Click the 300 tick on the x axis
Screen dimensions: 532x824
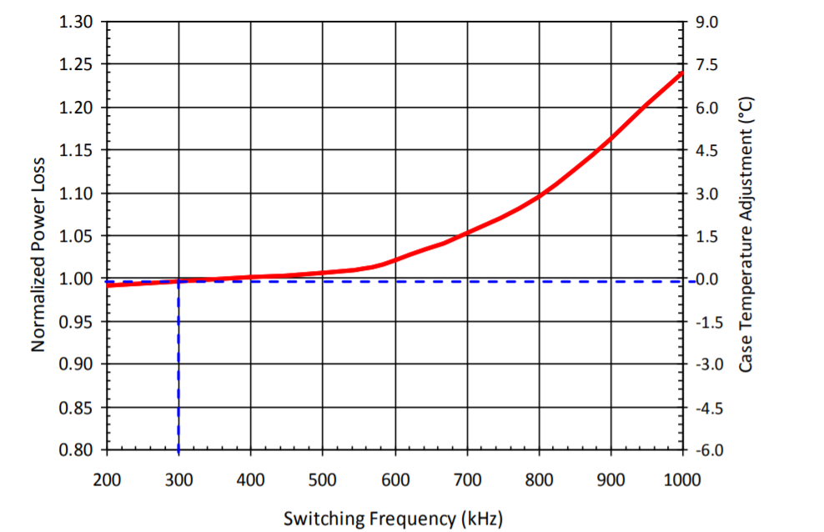coord(178,479)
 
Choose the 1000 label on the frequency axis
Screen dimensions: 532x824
coord(683,479)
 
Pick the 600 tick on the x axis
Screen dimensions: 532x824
coord(395,479)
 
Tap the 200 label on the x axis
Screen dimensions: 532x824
coord(107,479)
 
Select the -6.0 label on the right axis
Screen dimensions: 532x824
coord(704,451)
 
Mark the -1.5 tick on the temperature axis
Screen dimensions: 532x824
coord(704,323)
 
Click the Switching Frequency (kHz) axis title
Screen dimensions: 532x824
coord(394,519)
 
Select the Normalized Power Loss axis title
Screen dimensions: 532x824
coord(38,236)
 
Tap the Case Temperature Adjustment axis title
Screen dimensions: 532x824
coord(746,235)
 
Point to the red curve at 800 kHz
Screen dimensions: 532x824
coord(540,196)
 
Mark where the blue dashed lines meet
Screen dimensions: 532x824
coord(178,282)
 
